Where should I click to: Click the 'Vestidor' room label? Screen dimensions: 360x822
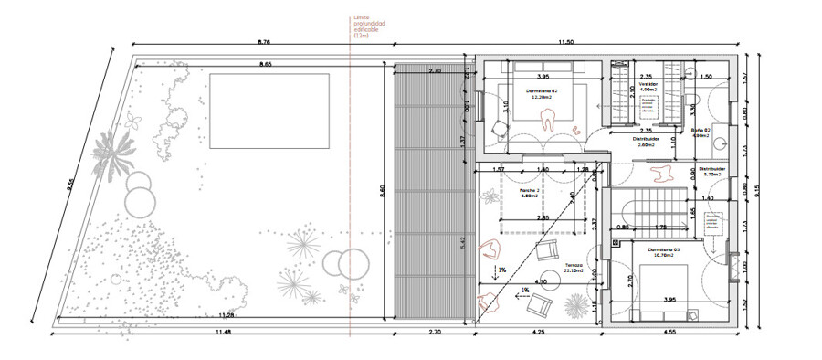648,83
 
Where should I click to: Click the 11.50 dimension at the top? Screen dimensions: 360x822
565,42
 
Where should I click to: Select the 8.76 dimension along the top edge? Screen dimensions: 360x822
264,42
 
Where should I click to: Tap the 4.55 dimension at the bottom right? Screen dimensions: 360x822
671,332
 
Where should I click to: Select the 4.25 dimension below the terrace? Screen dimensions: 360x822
539,332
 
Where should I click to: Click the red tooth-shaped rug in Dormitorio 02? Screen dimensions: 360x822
549,119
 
